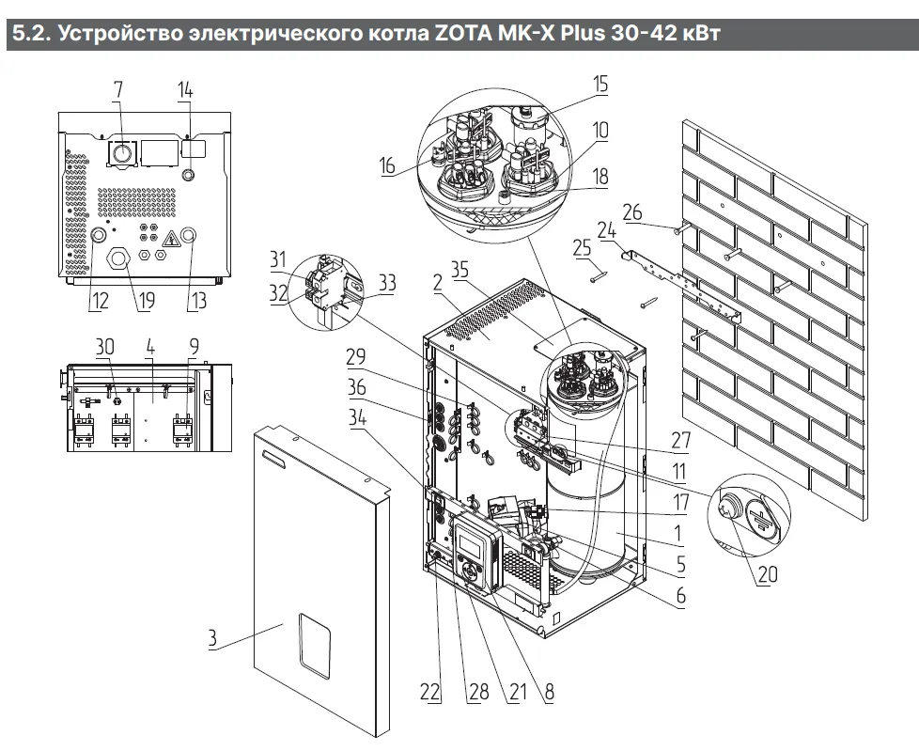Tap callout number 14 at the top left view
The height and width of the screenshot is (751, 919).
[x=185, y=90]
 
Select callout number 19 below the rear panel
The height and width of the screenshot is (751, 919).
[x=120, y=301]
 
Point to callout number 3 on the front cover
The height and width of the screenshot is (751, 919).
[x=213, y=640]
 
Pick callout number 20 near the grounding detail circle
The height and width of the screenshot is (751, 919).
[x=768, y=572]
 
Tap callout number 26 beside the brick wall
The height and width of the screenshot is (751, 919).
[x=632, y=212]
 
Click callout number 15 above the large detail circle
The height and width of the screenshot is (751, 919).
[x=600, y=85]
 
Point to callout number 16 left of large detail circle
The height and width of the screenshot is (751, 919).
[x=387, y=166]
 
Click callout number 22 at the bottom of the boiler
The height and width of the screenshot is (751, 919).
[x=429, y=692]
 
